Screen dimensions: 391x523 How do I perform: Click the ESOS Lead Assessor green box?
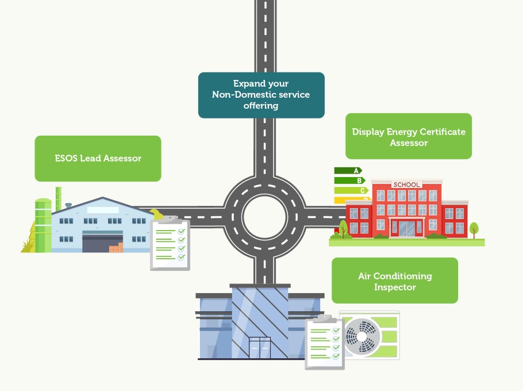[98, 159]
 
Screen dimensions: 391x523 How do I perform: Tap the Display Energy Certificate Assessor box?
[409, 136]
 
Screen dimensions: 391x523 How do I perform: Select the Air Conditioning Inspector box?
[395, 281]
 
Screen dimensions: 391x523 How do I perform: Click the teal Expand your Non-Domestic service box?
[261, 95]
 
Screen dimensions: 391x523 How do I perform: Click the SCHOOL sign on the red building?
[407, 185]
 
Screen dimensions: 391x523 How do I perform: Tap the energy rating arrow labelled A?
[348, 171]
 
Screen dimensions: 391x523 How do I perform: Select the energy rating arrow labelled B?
[349, 181]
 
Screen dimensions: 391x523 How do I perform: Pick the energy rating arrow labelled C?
[351, 190]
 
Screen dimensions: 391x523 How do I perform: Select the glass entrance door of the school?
[406, 228]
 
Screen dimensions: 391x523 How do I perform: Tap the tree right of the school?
[474, 228]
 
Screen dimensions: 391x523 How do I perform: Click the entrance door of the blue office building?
[259, 348]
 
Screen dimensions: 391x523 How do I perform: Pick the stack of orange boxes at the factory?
[117, 248]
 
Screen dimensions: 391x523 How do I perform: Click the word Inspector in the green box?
[395, 287]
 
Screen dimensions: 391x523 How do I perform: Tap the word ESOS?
[66, 159]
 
